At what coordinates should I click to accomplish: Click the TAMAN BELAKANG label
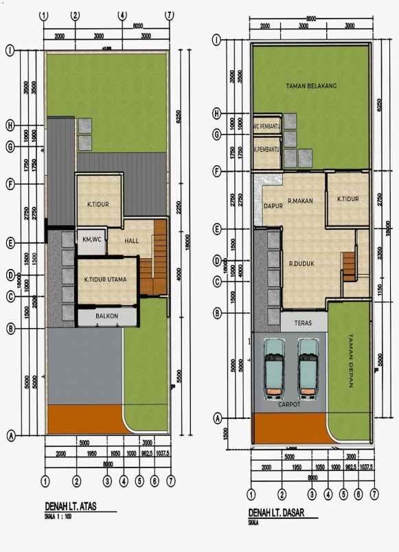coord(310,86)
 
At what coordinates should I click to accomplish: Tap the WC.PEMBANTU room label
coord(266,126)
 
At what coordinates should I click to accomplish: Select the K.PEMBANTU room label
coord(266,149)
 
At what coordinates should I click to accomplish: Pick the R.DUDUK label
coord(302,262)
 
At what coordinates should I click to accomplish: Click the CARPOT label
coord(289,405)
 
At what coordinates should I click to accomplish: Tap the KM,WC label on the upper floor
coord(91,239)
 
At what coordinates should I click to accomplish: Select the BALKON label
coord(106,316)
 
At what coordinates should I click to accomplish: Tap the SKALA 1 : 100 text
coord(58,516)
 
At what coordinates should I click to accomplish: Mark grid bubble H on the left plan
coord(10,125)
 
